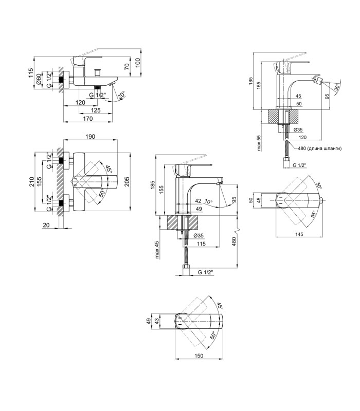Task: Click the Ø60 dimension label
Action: [39, 80]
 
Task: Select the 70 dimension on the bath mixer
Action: [127, 66]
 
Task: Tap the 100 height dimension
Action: [138, 63]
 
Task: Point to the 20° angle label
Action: [122, 96]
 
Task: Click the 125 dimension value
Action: [95, 110]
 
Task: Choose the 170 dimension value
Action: [87, 119]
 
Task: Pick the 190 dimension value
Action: [90, 137]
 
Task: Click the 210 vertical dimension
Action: [31, 182]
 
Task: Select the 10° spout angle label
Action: [209, 201]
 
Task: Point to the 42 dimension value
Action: [198, 201]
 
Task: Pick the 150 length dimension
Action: [199, 356]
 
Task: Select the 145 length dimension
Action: [299, 234]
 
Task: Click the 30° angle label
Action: [337, 86]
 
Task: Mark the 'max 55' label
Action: [259, 143]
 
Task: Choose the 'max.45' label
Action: [157, 250]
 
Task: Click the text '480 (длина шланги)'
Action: [319, 148]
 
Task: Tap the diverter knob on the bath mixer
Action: [98, 72]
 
